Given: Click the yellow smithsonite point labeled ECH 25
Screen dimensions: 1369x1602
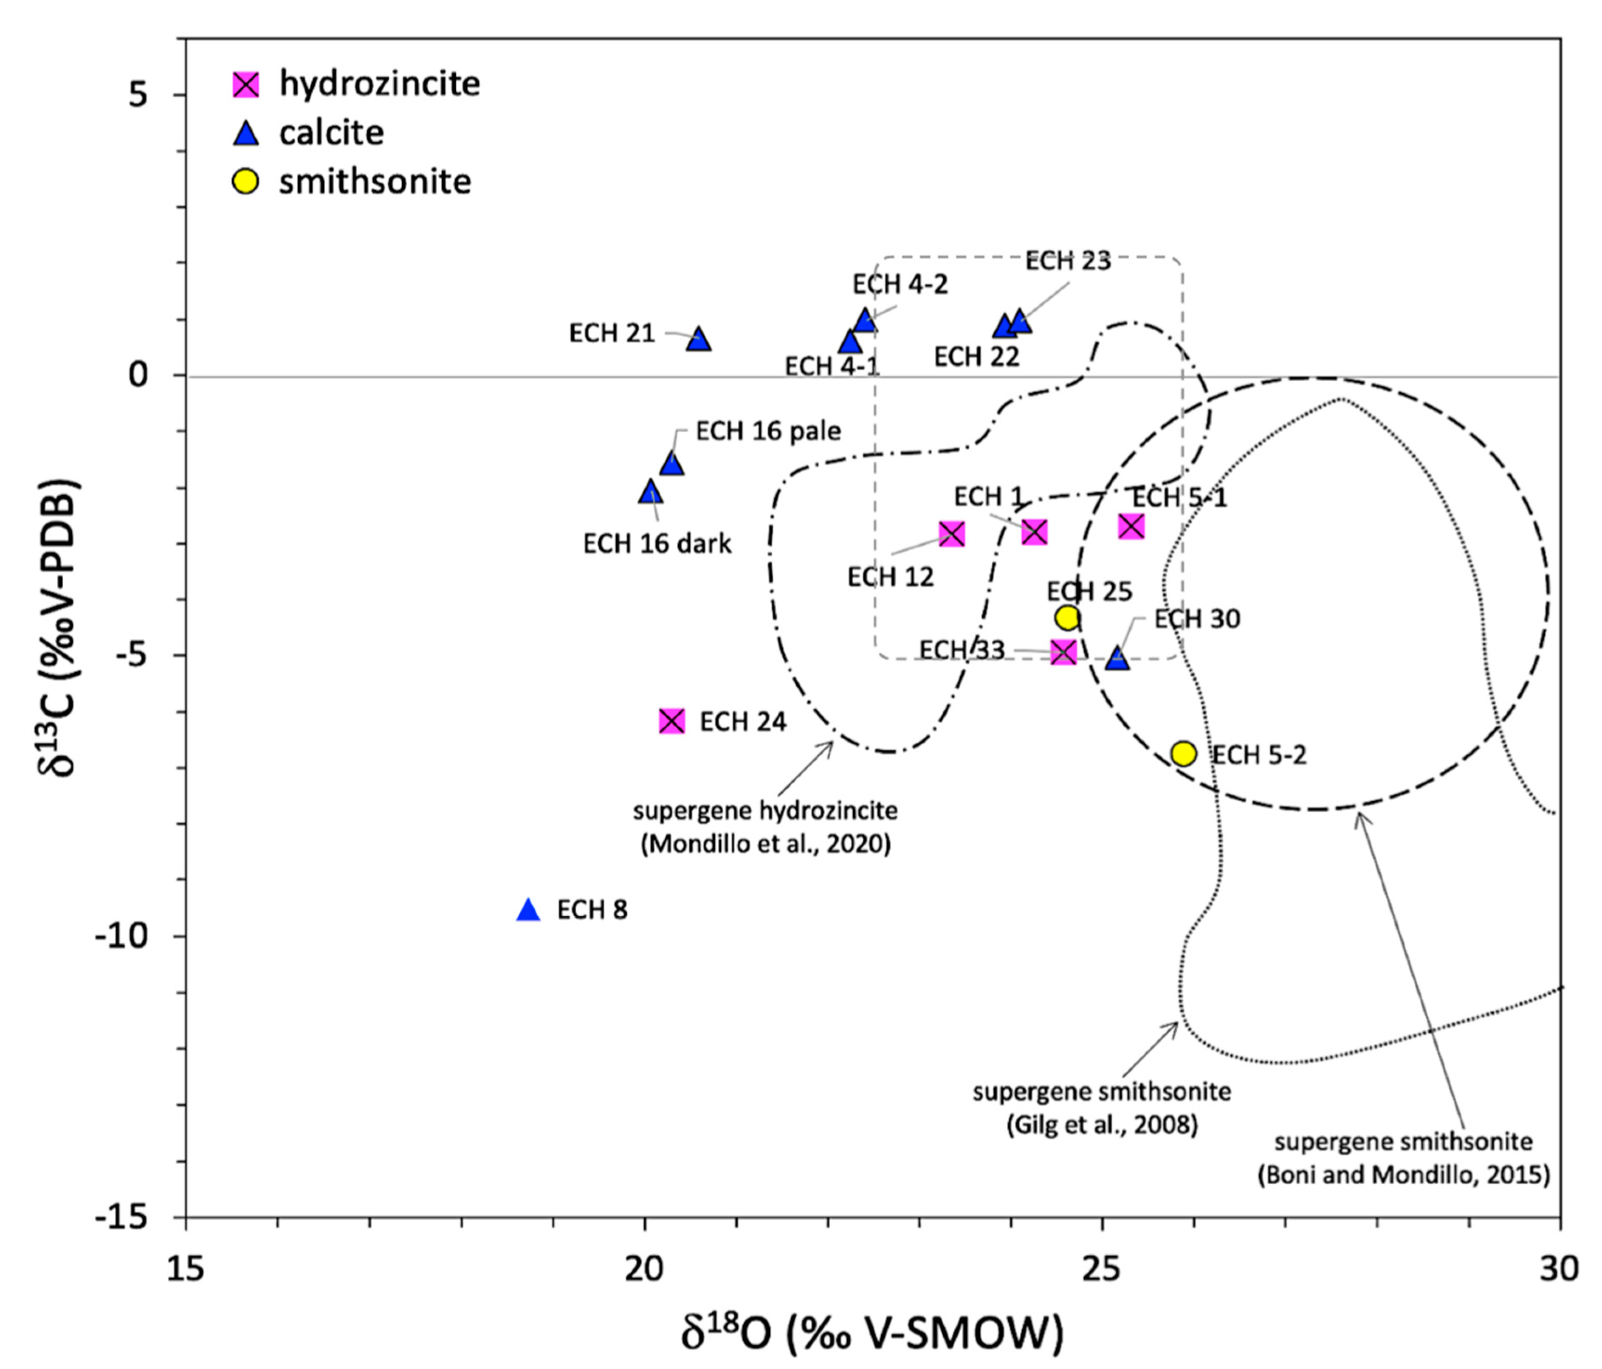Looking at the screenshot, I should pyautogui.click(x=1067, y=618).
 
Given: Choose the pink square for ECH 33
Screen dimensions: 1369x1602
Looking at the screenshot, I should pyautogui.click(x=1064, y=652).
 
